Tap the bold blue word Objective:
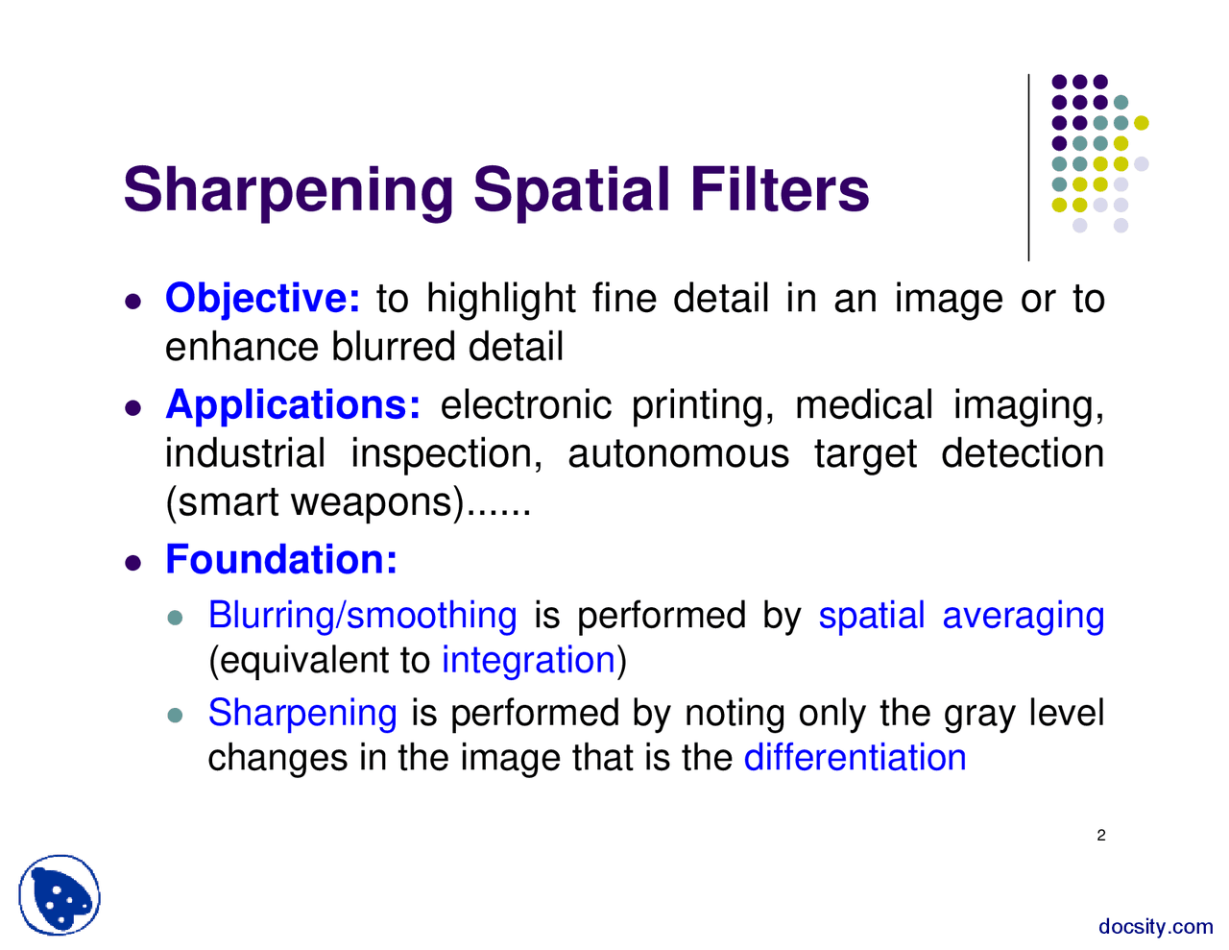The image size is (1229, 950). point(262,299)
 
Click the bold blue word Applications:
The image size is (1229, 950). point(293,404)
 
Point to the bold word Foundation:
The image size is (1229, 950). point(281,559)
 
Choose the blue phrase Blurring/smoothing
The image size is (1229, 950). point(362,616)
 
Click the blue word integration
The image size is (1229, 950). point(528,661)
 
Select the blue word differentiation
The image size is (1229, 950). point(855,758)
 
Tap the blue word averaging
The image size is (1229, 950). point(1023,616)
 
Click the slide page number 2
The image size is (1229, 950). point(1101,836)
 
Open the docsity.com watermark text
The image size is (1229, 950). point(1155,927)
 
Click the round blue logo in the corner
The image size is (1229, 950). point(60,895)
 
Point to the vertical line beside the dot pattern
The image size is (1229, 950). point(1029,167)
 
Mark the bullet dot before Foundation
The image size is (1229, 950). point(134,561)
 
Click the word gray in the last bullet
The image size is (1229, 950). point(977,714)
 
